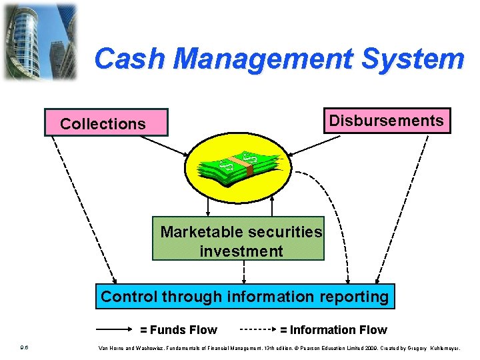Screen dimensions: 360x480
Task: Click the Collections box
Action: tap(106, 123)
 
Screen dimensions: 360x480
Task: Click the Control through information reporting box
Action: tap(245, 296)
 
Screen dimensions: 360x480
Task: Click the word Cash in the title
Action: tap(130, 59)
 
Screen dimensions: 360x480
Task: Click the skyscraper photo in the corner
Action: tap(39, 41)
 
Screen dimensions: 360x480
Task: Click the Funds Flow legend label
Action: tap(178, 329)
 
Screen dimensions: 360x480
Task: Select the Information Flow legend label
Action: tap(333, 329)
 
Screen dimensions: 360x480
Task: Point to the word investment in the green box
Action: tap(241, 251)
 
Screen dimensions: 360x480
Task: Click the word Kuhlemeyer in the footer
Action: tap(451, 347)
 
